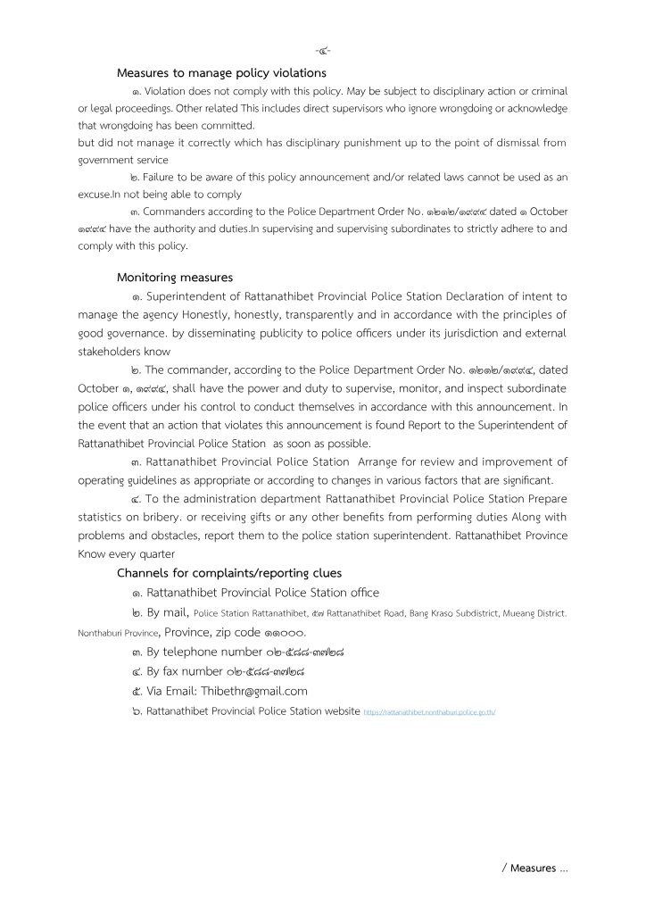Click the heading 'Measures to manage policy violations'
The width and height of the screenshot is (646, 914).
(x=221, y=72)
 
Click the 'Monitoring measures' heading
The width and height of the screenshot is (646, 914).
(x=175, y=277)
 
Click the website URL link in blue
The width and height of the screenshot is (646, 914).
(x=430, y=712)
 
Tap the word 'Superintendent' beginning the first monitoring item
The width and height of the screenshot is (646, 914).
(x=190, y=295)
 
